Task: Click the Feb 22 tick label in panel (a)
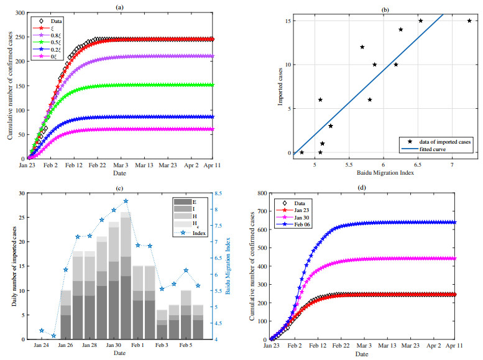[98, 167]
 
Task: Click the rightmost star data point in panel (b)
[469, 21]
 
